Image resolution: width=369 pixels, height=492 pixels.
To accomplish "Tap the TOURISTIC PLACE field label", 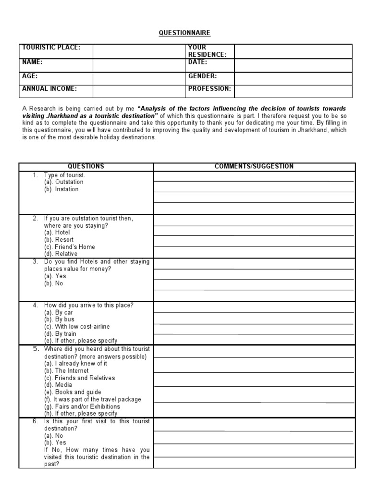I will click(x=50, y=48).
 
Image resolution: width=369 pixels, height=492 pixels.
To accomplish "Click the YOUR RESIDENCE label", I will click(x=207, y=51).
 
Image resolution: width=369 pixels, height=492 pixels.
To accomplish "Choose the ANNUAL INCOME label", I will click(x=49, y=89).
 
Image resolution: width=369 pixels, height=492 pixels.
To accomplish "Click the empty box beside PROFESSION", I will click(x=293, y=91).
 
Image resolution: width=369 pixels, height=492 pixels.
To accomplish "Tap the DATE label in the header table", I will click(x=198, y=62).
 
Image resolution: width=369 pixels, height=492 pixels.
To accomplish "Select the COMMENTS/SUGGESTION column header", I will click(x=254, y=167).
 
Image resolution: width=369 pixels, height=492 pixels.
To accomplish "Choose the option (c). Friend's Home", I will click(x=69, y=246).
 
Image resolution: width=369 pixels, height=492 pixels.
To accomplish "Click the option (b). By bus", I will click(x=59, y=319).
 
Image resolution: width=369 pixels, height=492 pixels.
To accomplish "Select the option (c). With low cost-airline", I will click(x=77, y=326).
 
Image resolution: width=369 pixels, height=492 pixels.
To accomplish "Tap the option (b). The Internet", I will click(x=66, y=370).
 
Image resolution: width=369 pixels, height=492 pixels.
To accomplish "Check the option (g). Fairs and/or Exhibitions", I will click(x=82, y=406).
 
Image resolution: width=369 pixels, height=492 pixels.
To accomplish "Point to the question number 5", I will click(x=36, y=349).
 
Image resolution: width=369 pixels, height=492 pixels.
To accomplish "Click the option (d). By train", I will click(x=61, y=333).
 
